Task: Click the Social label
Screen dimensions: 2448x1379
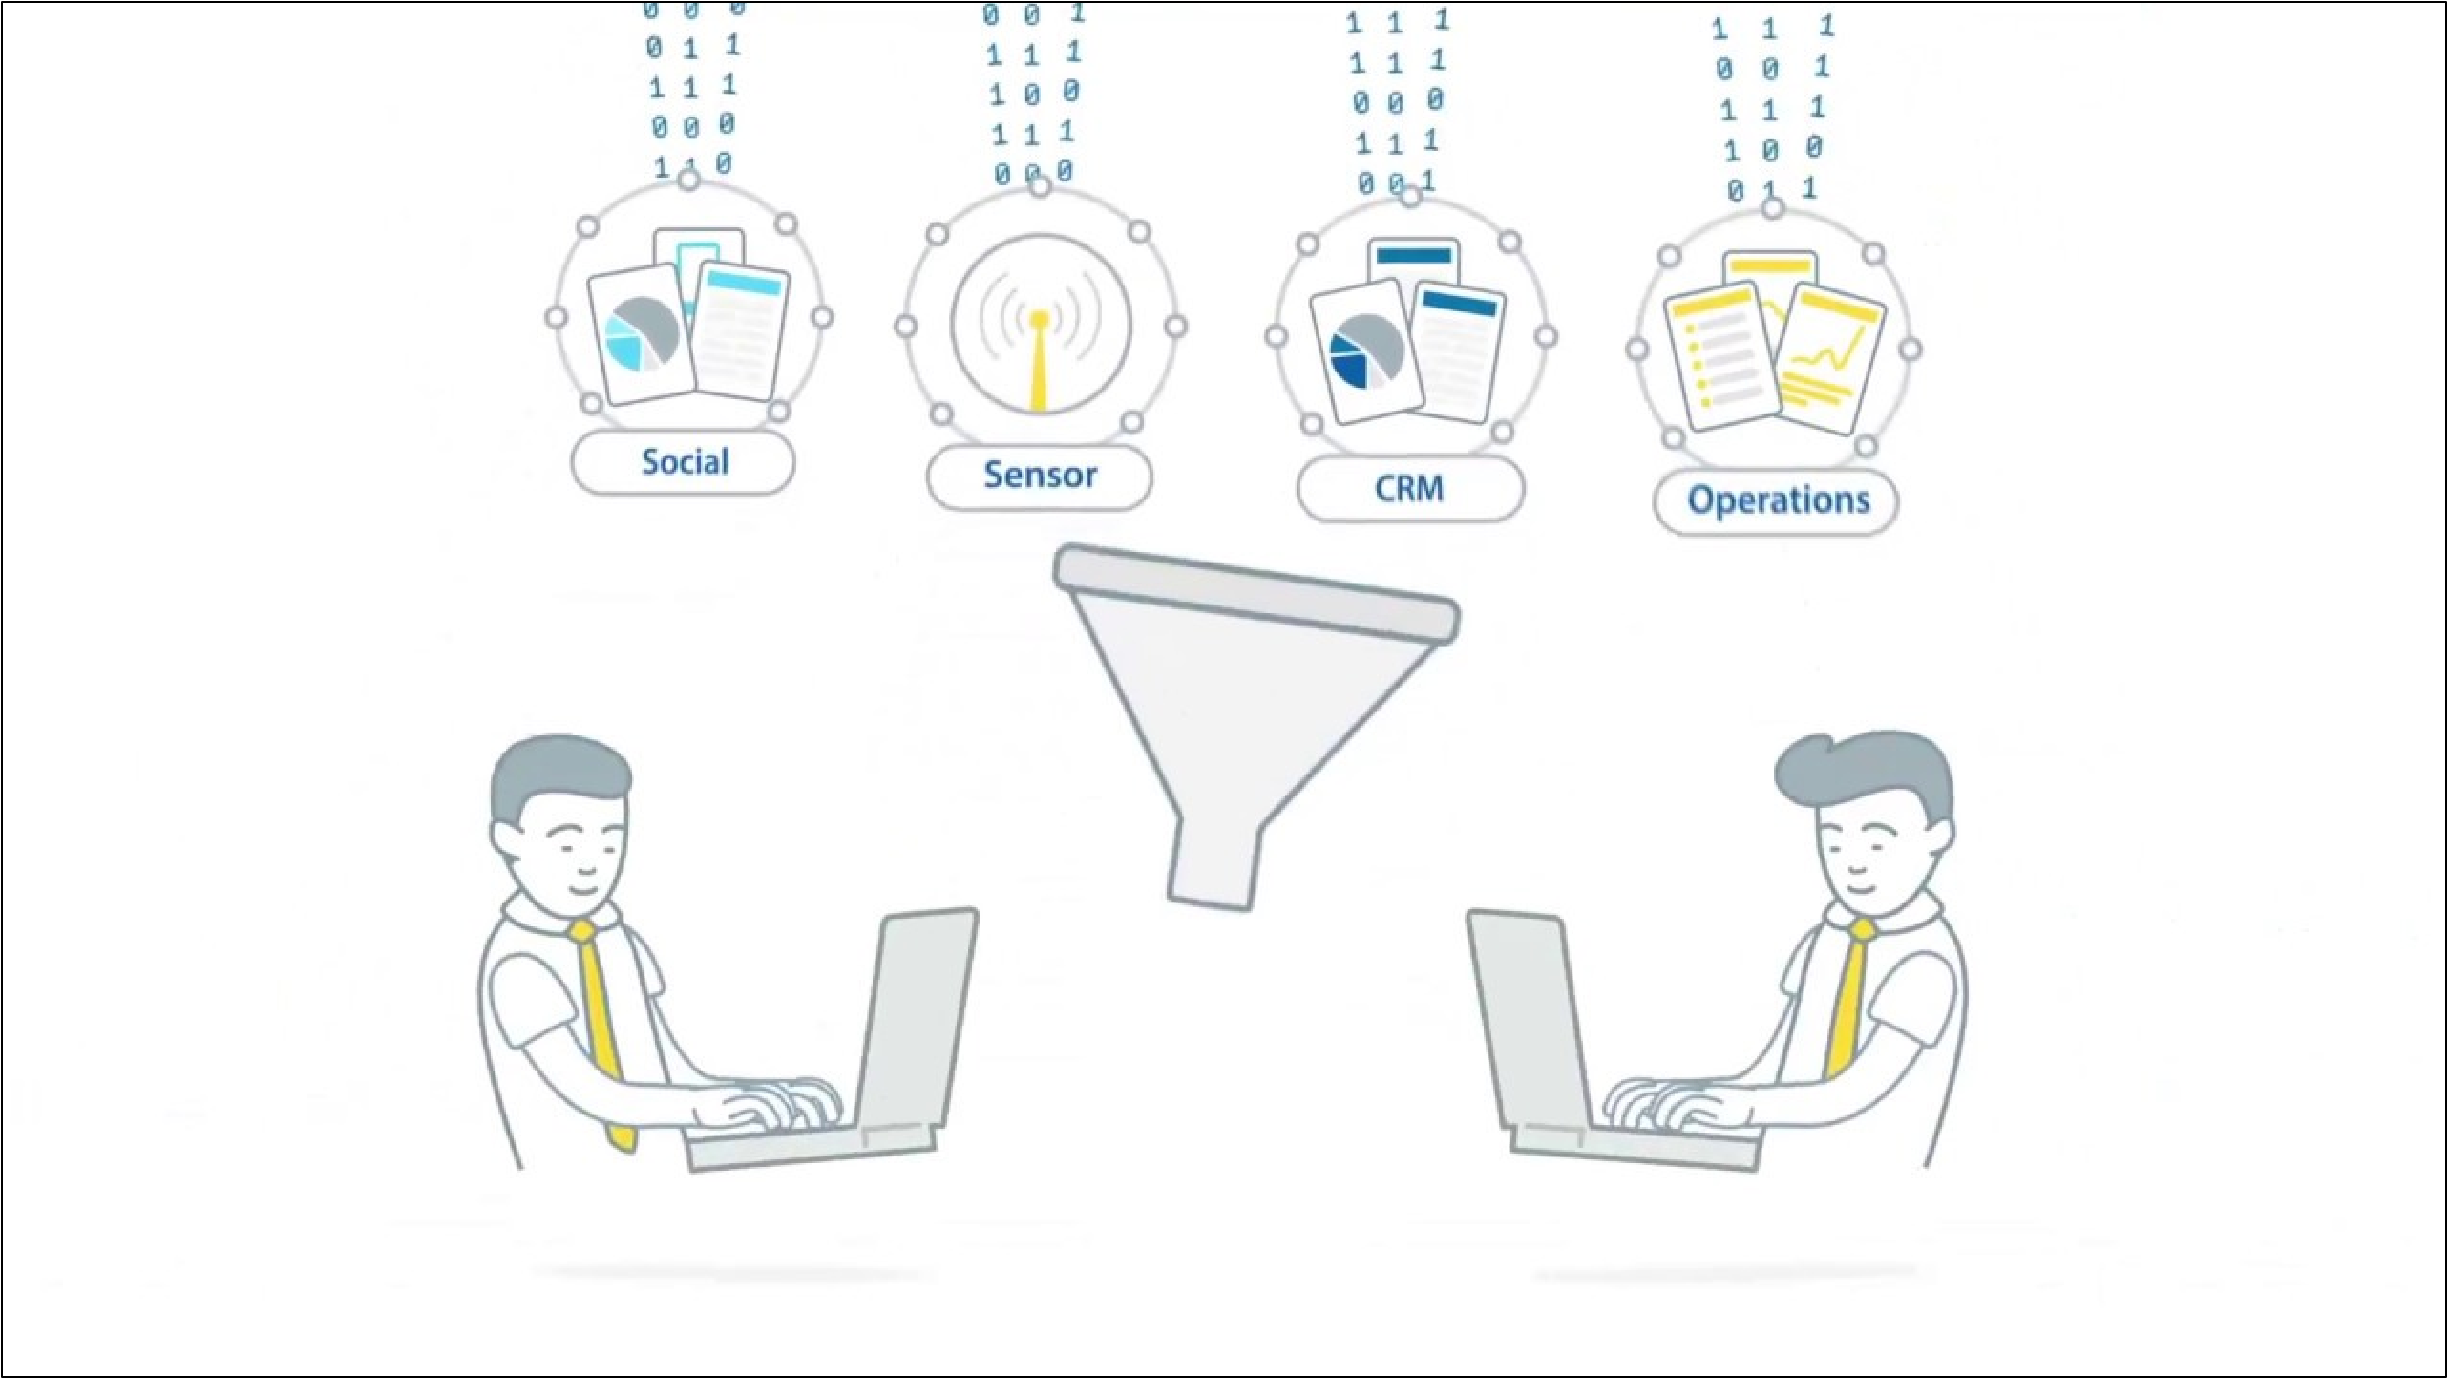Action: pos(684,462)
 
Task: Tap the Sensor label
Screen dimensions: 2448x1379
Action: pos(1040,476)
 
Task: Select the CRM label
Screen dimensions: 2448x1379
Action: pos(1409,489)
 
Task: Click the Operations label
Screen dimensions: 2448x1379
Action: pos(1777,500)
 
